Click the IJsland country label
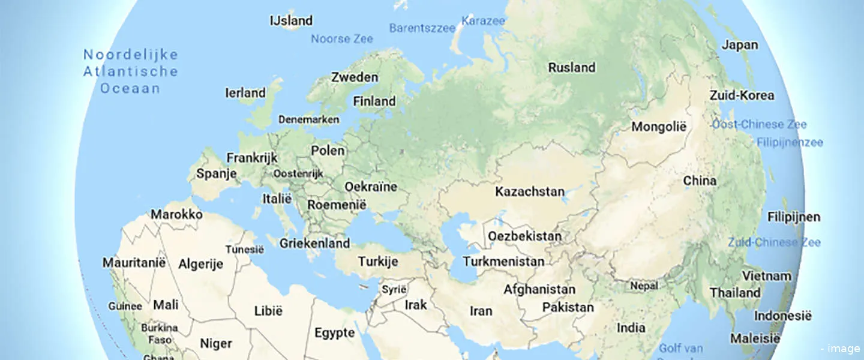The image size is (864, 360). point(292,20)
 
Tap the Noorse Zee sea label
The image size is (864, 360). point(341,39)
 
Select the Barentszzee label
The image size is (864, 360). point(422,28)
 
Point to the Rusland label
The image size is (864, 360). point(571,67)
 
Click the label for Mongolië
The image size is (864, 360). point(658,127)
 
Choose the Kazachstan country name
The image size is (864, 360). point(529,192)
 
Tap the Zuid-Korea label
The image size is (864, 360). point(742,95)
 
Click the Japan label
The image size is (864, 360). point(739,44)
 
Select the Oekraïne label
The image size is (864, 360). point(371,187)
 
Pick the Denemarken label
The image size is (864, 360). point(308,119)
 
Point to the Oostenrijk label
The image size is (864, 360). point(298,173)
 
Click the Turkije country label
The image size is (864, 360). point(378,262)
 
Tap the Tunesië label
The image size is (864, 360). point(244,250)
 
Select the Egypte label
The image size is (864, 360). point(334,333)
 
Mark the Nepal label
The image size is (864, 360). point(644,286)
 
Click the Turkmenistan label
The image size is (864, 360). point(503,262)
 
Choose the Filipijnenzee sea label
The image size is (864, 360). point(790,143)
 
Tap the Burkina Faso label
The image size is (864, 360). point(160,334)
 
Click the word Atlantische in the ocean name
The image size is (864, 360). point(131,71)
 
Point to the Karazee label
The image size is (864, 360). point(483,21)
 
